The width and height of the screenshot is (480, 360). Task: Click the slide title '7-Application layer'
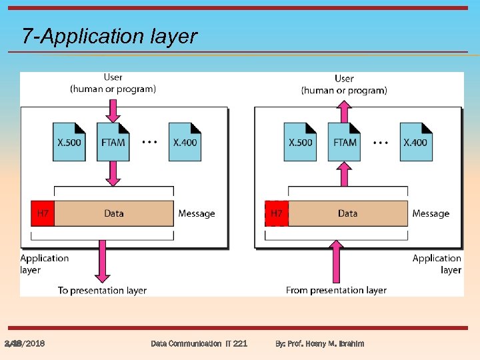[x=109, y=36]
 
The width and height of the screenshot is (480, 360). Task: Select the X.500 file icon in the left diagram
[x=69, y=141]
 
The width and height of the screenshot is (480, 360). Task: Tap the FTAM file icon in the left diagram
[x=113, y=141]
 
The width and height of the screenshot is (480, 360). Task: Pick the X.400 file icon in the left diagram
[x=185, y=141]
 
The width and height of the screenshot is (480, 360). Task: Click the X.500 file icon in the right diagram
[x=300, y=141]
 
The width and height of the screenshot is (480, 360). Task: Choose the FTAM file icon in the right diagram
[x=344, y=141]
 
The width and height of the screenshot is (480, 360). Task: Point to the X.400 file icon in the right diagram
[x=416, y=141]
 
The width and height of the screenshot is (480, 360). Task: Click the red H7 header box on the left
[x=42, y=213]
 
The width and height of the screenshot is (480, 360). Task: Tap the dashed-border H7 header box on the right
[x=276, y=213]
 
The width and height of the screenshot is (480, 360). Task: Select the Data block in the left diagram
[x=114, y=213]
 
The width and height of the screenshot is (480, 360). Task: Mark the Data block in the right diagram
[x=347, y=213]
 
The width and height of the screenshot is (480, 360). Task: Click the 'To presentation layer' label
[x=102, y=290]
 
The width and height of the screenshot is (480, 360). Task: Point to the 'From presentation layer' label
[x=336, y=290]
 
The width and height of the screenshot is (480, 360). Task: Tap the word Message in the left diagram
[x=197, y=213]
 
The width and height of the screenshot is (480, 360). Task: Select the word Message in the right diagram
[x=431, y=213]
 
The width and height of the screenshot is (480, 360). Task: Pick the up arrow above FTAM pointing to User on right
[x=344, y=109]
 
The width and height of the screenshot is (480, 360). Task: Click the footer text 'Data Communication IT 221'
[x=199, y=343]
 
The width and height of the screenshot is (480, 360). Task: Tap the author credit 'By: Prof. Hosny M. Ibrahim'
[x=320, y=343]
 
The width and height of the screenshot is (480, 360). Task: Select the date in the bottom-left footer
[x=25, y=343]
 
